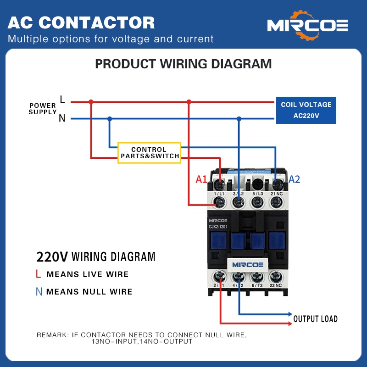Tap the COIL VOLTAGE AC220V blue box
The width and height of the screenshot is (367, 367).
(306, 110)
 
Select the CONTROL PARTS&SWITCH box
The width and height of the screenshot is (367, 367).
(150, 153)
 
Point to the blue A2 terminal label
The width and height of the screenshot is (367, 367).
(294, 179)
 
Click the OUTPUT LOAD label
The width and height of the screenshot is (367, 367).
(315, 319)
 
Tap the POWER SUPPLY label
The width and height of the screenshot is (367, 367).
(43, 109)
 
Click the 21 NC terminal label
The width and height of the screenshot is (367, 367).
(277, 195)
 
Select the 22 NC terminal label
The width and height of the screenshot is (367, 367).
(276, 285)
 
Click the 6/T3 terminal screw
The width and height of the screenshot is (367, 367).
(257, 276)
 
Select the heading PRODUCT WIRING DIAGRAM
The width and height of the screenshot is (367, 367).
(183, 64)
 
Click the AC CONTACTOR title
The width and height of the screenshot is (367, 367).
(81, 22)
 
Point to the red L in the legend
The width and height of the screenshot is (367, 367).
(39, 274)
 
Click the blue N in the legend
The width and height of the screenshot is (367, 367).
(39, 291)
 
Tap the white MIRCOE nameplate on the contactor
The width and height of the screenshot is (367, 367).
(247, 265)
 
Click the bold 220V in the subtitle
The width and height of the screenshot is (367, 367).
(52, 256)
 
